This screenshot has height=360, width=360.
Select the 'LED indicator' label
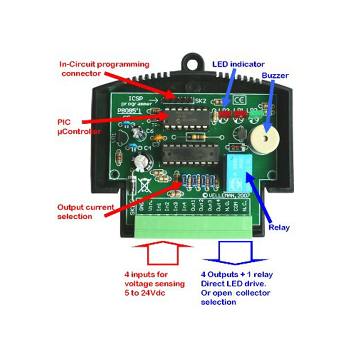(238, 64)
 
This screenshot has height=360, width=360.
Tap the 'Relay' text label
(279, 227)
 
